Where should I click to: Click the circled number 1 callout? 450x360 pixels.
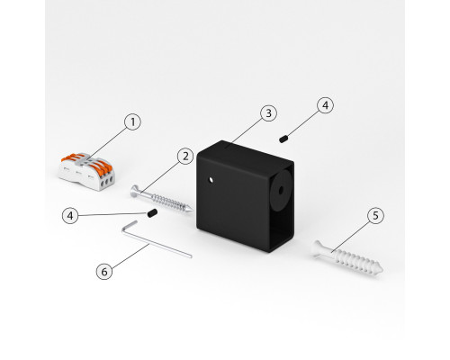point(132,122)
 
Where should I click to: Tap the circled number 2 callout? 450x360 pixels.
point(185,157)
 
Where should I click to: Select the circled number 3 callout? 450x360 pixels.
point(268,113)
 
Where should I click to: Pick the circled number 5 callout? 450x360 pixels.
point(375,215)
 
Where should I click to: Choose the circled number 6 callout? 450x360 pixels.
point(104,272)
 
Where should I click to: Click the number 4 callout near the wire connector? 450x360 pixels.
point(70,216)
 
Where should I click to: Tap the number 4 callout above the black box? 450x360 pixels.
point(325,105)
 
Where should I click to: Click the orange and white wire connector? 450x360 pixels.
point(86,172)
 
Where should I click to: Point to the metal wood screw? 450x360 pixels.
point(161,199)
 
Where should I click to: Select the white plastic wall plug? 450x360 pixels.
point(347,258)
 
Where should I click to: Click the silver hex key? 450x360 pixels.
point(156,240)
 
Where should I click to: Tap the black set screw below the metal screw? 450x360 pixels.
point(152,213)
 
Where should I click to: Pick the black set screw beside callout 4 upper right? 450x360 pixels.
point(283,139)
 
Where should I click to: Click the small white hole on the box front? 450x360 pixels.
point(211,180)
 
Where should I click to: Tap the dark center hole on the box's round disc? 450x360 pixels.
point(281,190)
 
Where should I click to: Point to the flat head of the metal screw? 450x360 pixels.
point(135,191)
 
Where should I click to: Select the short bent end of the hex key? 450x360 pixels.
point(129,226)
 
